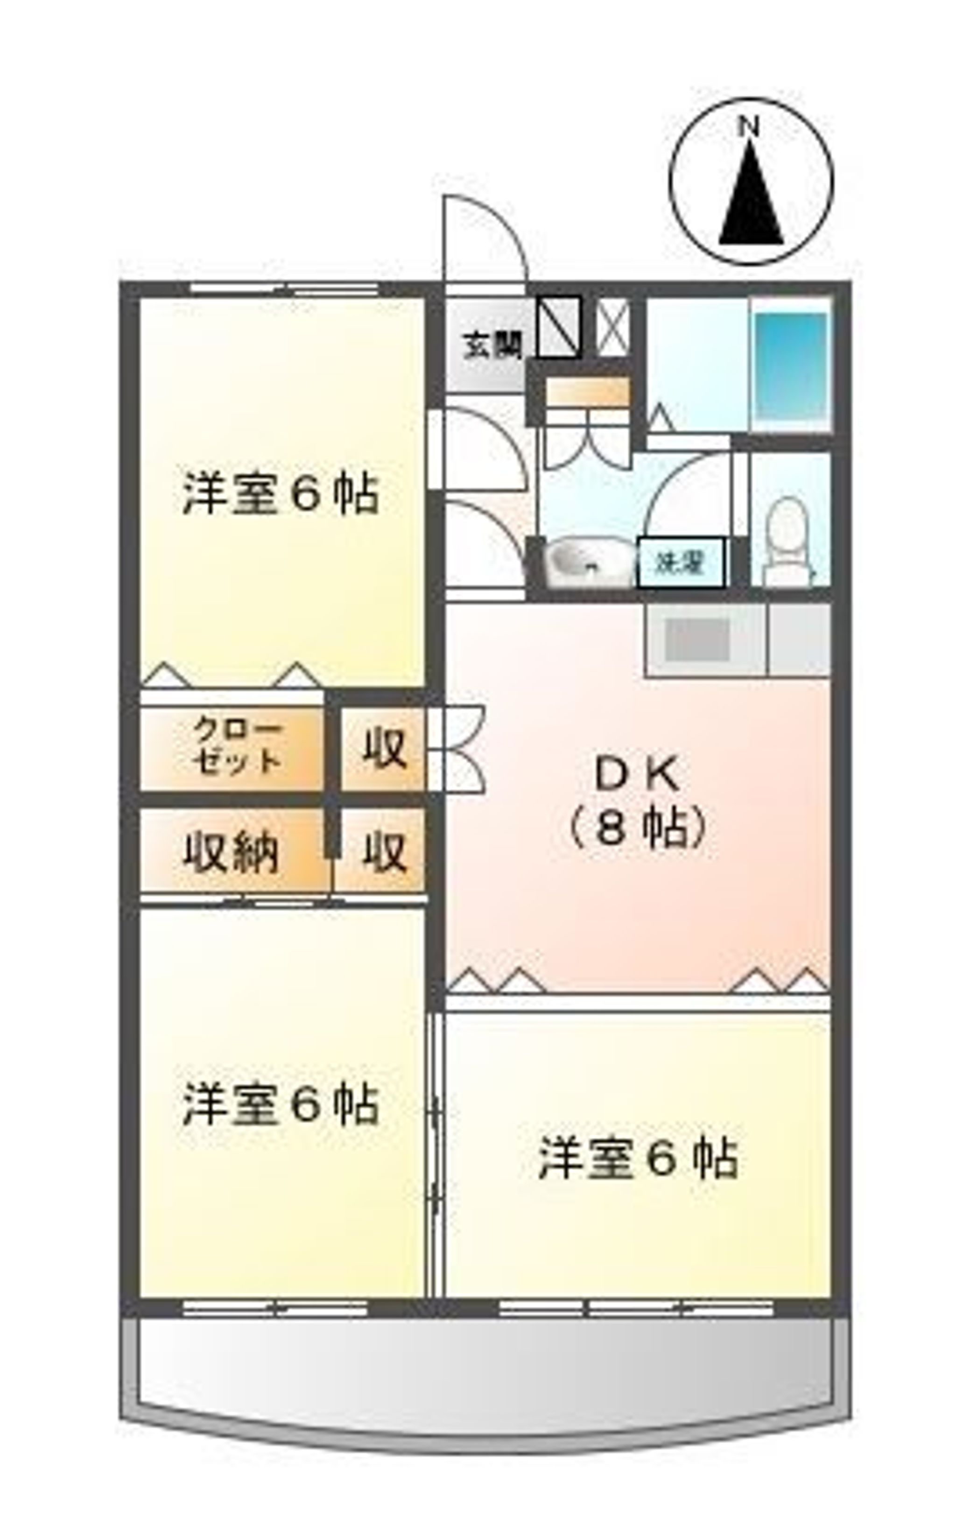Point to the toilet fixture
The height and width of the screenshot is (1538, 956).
coord(787,537)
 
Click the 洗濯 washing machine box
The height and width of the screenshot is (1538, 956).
coord(680,562)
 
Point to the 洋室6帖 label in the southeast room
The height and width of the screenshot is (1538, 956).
coord(637,1159)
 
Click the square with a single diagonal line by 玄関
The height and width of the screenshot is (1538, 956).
coord(559,326)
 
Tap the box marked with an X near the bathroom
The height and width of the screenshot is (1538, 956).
coord(613,326)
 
